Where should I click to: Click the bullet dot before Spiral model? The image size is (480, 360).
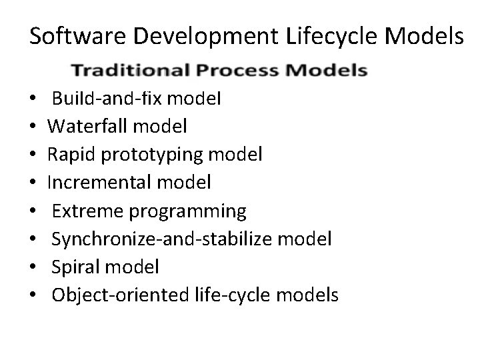(33, 267)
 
